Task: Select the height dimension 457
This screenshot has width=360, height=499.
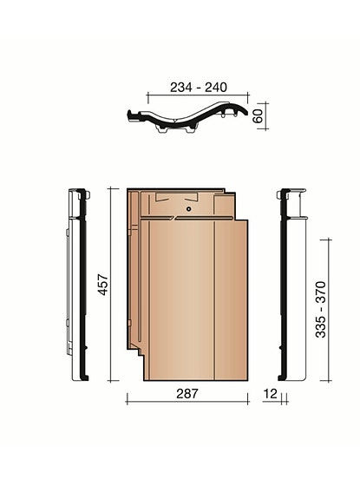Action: pyautogui.click(x=102, y=286)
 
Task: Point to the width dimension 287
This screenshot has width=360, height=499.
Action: pyautogui.click(x=187, y=394)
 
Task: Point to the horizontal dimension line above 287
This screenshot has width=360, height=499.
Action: pyautogui.click(x=187, y=403)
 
